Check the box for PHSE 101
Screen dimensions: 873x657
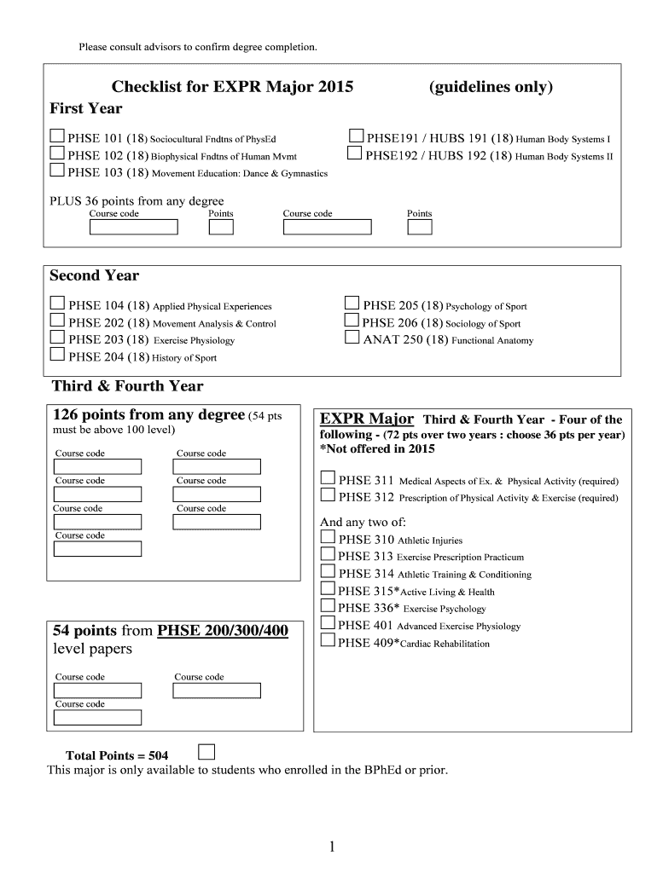point(57,136)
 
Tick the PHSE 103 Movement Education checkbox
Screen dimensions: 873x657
point(57,171)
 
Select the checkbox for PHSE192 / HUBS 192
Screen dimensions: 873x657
point(355,154)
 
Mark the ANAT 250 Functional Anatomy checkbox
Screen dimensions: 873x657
point(352,338)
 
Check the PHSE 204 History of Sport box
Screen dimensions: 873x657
point(57,356)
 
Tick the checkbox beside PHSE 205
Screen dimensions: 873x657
point(352,304)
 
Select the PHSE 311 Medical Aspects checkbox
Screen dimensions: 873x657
point(328,478)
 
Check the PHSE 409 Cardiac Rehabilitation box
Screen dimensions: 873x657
point(328,641)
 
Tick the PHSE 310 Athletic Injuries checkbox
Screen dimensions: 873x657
point(328,538)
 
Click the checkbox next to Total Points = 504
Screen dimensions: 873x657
point(206,751)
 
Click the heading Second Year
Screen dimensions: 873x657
point(94,275)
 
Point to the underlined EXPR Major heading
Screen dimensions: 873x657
point(367,419)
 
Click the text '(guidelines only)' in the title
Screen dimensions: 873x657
point(491,87)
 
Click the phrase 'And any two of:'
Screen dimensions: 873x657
point(363,522)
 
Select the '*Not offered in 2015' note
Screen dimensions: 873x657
point(376,448)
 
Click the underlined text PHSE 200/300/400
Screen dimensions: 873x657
point(223,631)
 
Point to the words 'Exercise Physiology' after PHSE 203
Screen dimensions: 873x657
point(194,340)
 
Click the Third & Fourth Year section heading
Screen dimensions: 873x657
point(128,386)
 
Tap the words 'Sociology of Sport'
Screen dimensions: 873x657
point(483,323)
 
